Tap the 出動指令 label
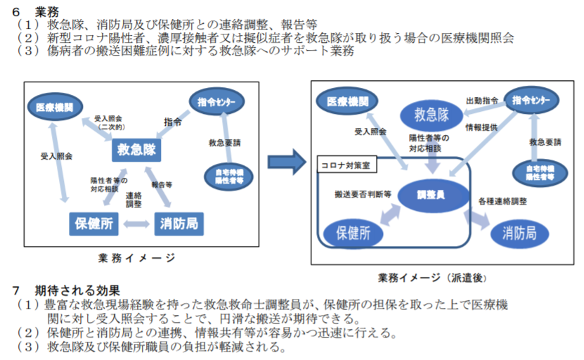point(482,101)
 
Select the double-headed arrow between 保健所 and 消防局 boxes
point(137,224)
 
